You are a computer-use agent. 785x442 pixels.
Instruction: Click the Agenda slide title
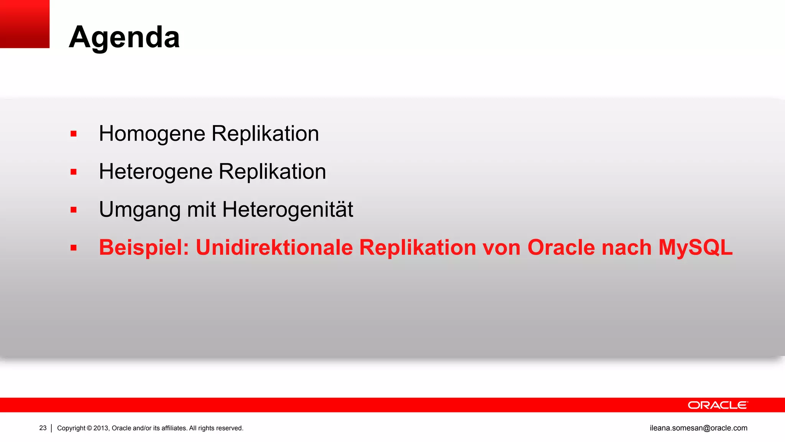[124, 37]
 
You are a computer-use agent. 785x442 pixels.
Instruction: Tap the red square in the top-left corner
[25, 24]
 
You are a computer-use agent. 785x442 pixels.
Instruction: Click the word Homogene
[152, 134]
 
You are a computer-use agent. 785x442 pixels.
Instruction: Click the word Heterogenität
[287, 209]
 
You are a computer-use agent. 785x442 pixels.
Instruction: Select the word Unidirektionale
[274, 247]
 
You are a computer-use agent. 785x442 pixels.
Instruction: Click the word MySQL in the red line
[695, 247]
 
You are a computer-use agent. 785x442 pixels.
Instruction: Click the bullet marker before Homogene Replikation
[74, 134]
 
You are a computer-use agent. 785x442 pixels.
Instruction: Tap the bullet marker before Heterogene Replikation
[74, 172]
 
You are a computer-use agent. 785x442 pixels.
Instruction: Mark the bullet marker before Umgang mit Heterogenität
[74, 210]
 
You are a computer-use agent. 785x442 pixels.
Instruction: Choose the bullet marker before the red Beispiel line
[74, 248]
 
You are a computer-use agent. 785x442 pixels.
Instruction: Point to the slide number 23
[43, 428]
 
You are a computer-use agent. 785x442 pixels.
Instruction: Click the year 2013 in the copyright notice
[101, 428]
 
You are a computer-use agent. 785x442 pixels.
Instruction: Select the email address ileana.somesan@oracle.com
[698, 428]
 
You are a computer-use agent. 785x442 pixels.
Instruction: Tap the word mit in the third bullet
[201, 210]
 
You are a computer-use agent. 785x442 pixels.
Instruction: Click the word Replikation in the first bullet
[265, 134]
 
